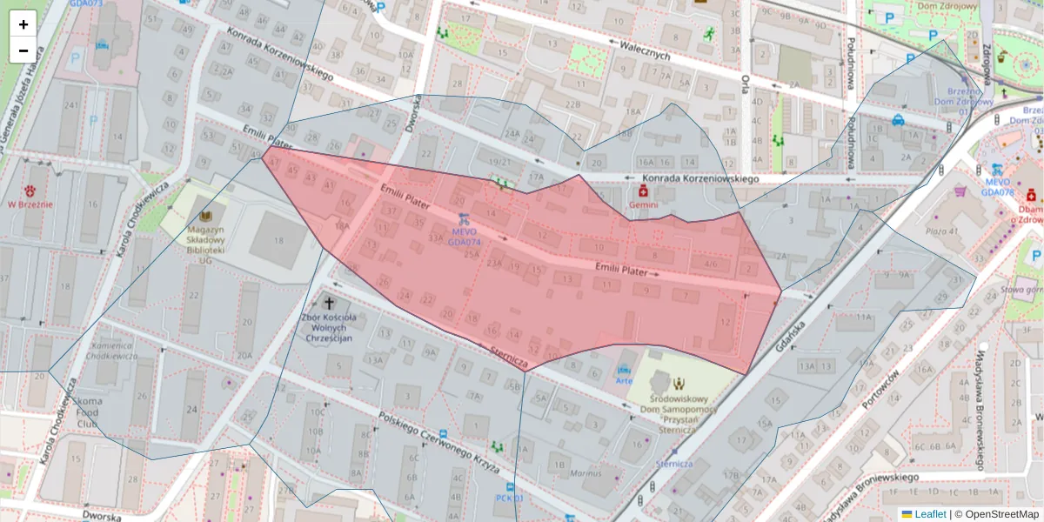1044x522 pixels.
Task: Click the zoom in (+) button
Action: click(23, 23)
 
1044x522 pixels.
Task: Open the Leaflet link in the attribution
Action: click(929, 514)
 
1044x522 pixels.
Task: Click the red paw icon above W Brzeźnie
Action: click(30, 191)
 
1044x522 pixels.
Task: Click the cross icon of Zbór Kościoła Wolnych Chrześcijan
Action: click(329, 303)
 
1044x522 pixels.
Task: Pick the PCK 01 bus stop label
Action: click(509, 499)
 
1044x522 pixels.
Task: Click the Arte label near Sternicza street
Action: click(624, 380)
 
